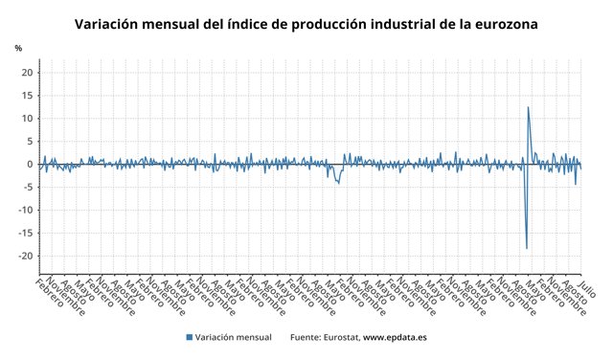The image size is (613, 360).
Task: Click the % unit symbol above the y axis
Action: (18, 48)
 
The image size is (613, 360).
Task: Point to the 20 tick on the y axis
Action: (28, 73)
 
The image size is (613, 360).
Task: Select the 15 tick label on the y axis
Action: (28, 96)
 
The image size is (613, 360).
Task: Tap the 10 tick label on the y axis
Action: (28, 119)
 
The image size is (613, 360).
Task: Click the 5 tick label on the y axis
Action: (31, 142)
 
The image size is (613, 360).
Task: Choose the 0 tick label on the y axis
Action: (31, 165)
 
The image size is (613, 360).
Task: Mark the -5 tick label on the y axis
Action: (29, 188)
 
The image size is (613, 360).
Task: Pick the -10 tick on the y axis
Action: (27, 211)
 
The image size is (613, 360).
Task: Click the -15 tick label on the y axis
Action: (27, 234)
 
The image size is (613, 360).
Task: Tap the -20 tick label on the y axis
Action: (27, 257)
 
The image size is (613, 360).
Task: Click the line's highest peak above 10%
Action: (529, 107)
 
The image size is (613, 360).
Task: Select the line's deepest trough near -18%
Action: (527, 249)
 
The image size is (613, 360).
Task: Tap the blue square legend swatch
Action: (190, 337)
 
